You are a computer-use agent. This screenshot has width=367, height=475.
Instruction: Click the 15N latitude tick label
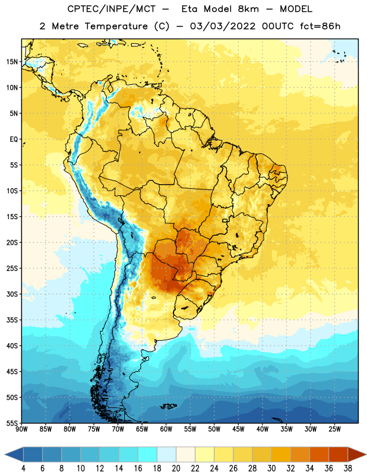tap(12, 62)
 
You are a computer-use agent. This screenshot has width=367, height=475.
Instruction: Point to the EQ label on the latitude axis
tap(14, 140)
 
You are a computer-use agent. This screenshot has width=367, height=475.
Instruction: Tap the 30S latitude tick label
tap(12, 294)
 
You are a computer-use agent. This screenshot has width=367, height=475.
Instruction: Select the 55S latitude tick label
tap(12, 423)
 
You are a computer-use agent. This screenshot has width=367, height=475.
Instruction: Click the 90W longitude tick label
tap(21, 429)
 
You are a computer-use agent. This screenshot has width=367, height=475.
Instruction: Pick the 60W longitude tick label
tap(166, 429)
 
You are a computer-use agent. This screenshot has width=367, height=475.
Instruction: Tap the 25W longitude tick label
tap(334, 429)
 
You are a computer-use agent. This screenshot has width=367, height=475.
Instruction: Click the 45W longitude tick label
tap(238, 429)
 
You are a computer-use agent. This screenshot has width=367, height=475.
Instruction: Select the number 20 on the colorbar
tap(176, 468)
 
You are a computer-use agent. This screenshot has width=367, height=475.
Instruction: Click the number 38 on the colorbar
tap(348, 468)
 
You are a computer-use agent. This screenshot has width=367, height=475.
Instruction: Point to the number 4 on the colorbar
tap(23, 468)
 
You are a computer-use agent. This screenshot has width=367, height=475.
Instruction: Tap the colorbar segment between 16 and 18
tap(148, 454)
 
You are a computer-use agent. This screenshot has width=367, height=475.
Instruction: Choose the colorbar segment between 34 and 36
tap(319, 454)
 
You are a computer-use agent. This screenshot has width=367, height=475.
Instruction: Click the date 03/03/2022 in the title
tap(223, 26)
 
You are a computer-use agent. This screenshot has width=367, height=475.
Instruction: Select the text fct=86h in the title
tap(320, 26)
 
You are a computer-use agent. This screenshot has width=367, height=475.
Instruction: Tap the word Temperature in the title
tap(116, 26)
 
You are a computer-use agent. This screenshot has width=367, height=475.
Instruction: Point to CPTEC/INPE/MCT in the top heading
tap(111, 9)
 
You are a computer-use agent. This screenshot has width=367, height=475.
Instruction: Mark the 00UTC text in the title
tap(277, 26)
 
